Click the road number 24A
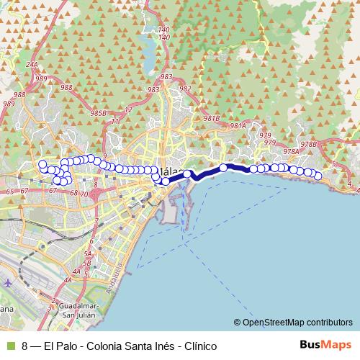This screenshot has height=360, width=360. point(32,65)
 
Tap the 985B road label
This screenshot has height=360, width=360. point(98,113)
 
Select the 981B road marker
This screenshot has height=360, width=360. point(211,118)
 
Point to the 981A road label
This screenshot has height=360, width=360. point(238,126)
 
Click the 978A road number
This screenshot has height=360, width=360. point(291,152)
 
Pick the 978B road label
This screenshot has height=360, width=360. point(309,144)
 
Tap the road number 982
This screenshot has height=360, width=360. point(185,89)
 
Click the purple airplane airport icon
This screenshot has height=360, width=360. point(8,282)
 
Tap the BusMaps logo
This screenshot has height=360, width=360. point(325,345)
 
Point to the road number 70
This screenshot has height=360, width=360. point(84,194)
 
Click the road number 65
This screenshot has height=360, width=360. point(9,192)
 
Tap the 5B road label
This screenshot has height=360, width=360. point(87,264)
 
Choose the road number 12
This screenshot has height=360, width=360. point(128,109)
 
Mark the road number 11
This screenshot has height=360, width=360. point(115,121)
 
